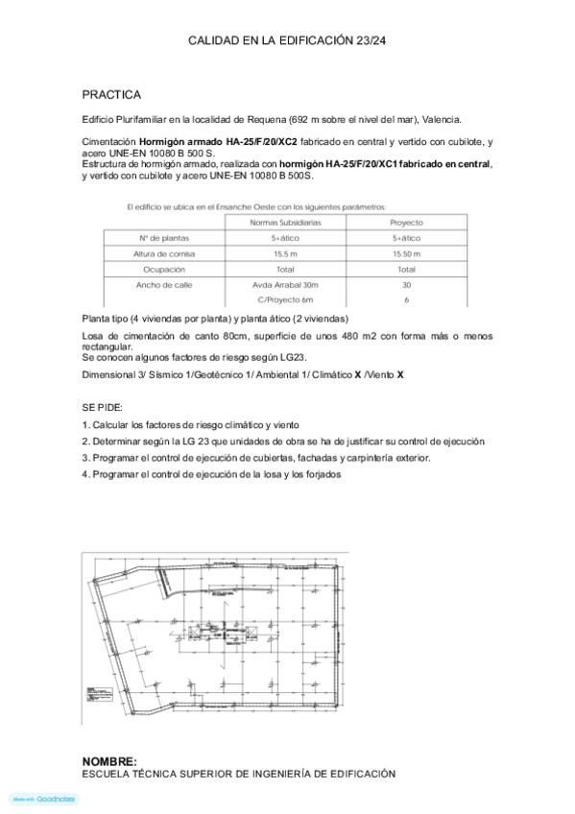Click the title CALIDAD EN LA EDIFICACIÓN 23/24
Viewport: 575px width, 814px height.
287,41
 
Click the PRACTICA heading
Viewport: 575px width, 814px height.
111,95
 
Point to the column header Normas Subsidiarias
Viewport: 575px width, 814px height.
285,222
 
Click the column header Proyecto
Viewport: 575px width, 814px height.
406,222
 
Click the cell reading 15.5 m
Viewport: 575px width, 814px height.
285,253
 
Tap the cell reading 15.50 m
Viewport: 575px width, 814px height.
406,253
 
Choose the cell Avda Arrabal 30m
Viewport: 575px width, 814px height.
285,285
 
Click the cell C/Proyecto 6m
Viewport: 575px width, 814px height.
285,300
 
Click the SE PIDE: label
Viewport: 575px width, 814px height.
102,407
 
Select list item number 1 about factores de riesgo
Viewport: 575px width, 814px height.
191,424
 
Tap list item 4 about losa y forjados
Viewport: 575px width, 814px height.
211,473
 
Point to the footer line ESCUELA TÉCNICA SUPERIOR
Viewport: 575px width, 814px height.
238,773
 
